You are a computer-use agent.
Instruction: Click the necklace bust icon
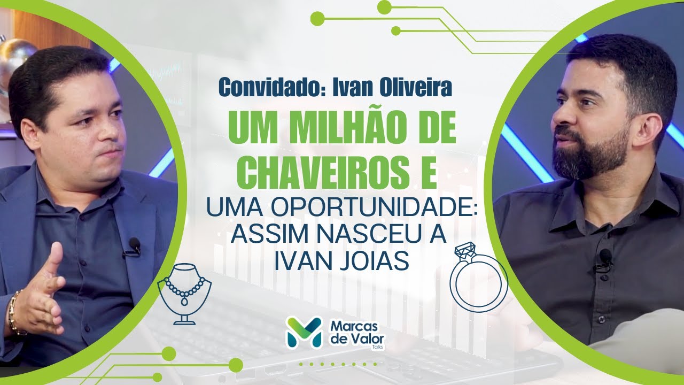click(x=184, y=292)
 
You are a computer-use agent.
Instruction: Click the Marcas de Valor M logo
click(x=304, y=332)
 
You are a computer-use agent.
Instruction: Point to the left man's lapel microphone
click(x=134, y=246)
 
